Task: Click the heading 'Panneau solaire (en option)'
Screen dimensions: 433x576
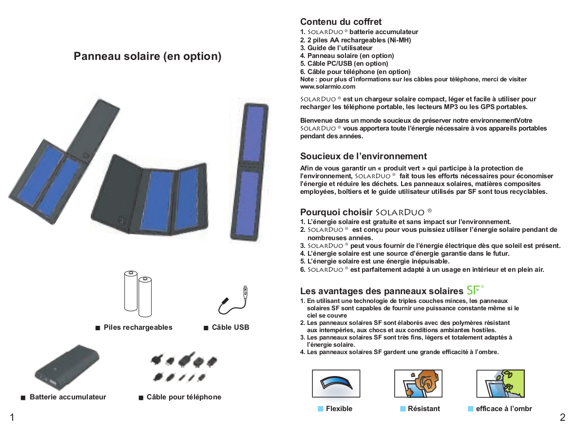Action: tap(147, 56)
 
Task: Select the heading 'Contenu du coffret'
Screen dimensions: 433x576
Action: tap(341, 22)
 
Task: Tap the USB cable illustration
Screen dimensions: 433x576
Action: tap(234, 301)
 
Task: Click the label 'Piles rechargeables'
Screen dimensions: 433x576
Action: tap(138, 327)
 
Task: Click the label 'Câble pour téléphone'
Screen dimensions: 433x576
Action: tap(184, 397)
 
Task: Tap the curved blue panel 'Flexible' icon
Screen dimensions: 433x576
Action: tap(336, 384)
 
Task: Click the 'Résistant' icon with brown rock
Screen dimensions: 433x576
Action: tap(418, 384)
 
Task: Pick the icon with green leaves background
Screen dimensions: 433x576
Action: tap(500, 384)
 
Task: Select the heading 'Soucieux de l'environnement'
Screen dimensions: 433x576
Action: tap(363, 156)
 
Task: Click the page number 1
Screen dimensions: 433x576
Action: tap(12, 417)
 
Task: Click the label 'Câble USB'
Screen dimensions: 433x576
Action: tap(230, 327)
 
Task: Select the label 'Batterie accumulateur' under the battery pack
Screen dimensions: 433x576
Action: tap(68, 397)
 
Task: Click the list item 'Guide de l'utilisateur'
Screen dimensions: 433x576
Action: tap(340, 48)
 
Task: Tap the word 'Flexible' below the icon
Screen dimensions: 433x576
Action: tap(339, 409)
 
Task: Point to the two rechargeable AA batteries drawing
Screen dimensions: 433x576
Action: tap(138, 293)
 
